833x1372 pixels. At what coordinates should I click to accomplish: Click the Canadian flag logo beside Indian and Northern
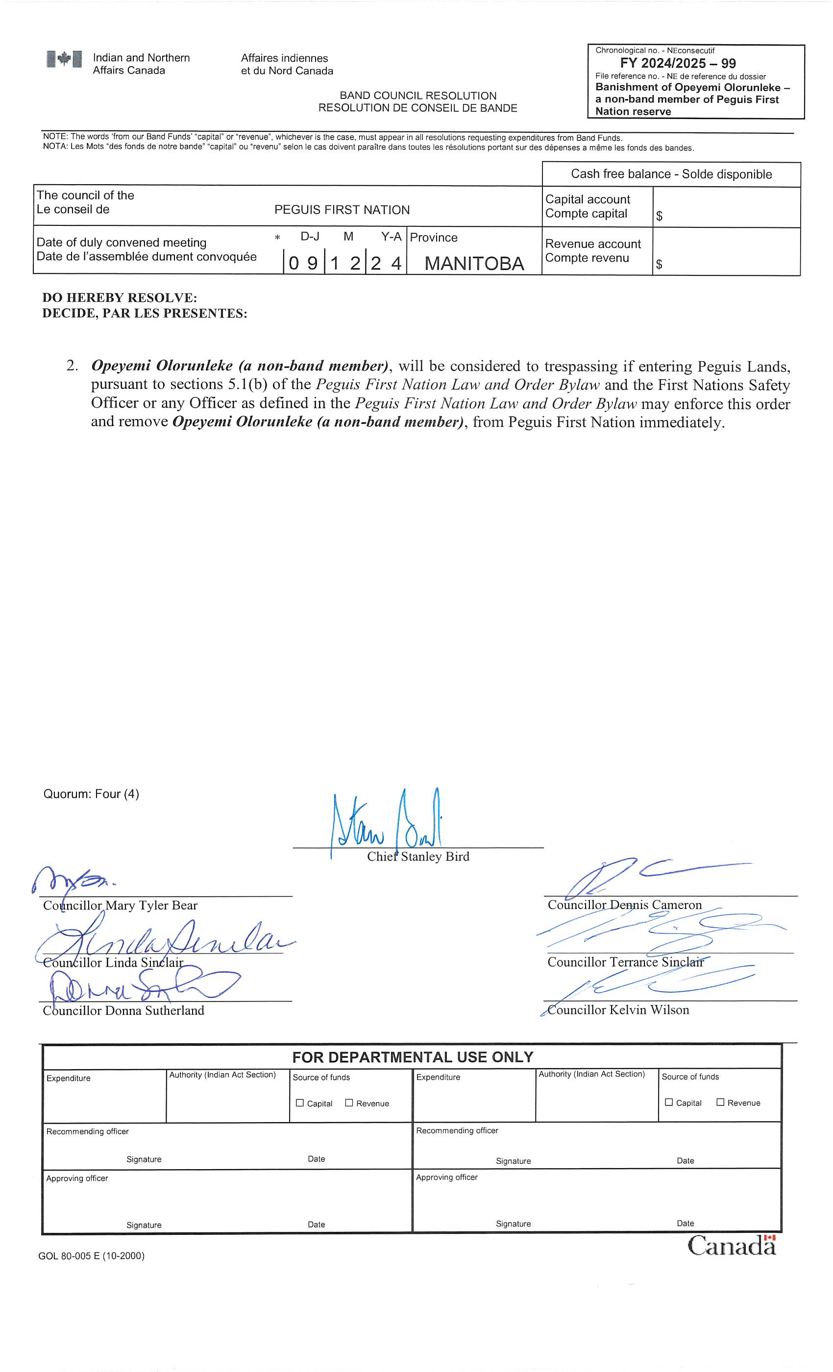pos(65,59)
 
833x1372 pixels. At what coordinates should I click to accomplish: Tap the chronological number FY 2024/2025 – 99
pos(678,64)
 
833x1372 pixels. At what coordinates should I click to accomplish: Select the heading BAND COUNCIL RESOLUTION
pos(417,96)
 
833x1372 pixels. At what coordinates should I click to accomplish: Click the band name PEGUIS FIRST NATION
pos(342,210)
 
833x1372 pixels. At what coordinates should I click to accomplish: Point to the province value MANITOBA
pos(474,264)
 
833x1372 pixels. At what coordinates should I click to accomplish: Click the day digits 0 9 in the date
pos(303,263)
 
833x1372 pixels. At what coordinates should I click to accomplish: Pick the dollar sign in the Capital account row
pos(659,217)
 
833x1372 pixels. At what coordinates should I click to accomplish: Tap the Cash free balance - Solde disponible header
pos(671,174)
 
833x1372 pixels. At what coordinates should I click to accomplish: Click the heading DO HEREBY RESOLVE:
pos(120,298)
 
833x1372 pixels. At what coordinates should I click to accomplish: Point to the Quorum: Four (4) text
pos(91,794)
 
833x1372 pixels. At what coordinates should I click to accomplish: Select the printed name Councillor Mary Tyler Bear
pos(120,906)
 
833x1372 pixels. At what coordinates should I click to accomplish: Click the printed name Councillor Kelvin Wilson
pos(618,1010)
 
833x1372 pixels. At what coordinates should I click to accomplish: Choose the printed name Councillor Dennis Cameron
pos(624,906)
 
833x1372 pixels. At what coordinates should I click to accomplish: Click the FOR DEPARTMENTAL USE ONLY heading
pos(413,1057)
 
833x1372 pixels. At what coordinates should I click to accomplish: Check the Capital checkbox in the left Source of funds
pos(300,1103)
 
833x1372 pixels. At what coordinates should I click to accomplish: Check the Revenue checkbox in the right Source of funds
pos(720,1102)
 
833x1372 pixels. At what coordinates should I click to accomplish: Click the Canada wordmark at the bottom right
pos(731,1246)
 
